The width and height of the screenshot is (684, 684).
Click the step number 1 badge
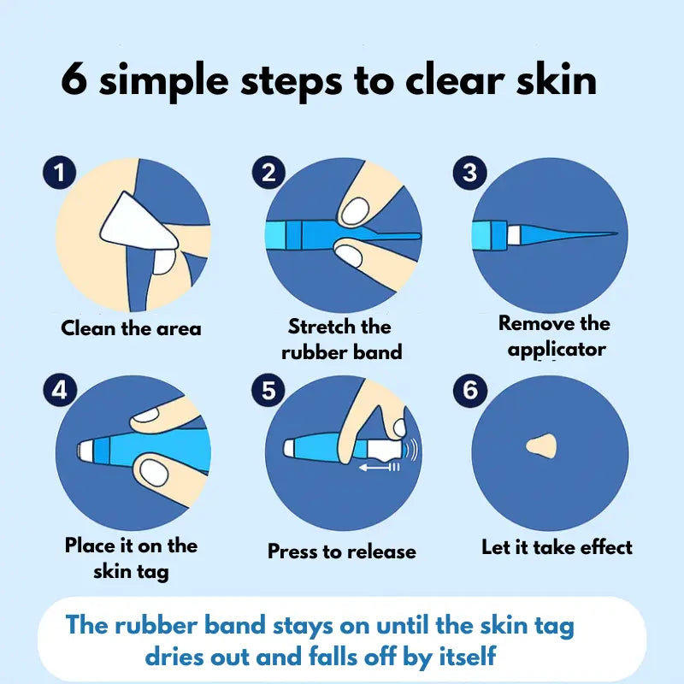[x=60, y=173]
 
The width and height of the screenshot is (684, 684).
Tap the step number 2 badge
[x=268, y=173]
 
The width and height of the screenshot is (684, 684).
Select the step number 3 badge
[x=469, y=173]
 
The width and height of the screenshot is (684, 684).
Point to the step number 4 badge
[x=60, y=390]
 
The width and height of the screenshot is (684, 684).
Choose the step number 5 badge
[x=268, y=390]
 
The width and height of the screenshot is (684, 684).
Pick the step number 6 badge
[x=469, y=390]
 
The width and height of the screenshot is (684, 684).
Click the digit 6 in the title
[x=74, y=79]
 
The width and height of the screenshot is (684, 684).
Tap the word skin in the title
[x=557, y=79]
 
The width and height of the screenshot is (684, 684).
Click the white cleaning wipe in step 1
[x=138, y=227]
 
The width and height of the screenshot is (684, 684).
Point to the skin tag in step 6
[x=541, y=446]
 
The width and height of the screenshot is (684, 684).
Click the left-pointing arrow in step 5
[x=379, y=468]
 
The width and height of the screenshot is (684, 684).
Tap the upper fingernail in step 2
[x=355, y=210]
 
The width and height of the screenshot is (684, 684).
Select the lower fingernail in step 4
[x=153, y=473]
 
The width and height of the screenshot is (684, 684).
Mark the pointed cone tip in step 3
[x=616, y=233]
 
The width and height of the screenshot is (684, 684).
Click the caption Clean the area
[x=131, y=328]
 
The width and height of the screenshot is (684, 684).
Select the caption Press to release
[x=341, y=551]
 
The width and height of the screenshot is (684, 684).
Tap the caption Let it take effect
[x=557, y=547]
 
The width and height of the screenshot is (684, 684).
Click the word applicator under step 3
[x=557, y=350]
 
